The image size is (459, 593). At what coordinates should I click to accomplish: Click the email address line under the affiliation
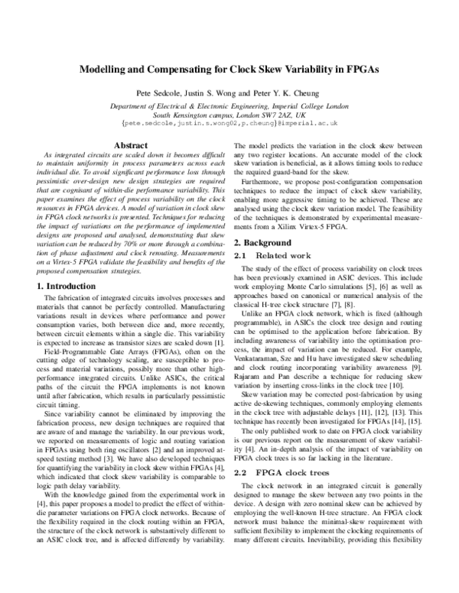coord(229,122)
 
